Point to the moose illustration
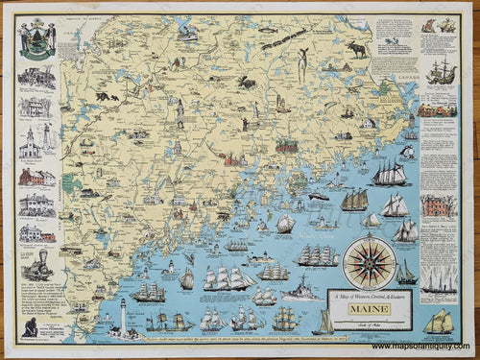pyautogui.click(x=357, y=48)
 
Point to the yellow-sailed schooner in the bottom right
pyautogui.click(x=439, y=323)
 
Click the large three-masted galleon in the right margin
pyautogui.click(x=441, y=70)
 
